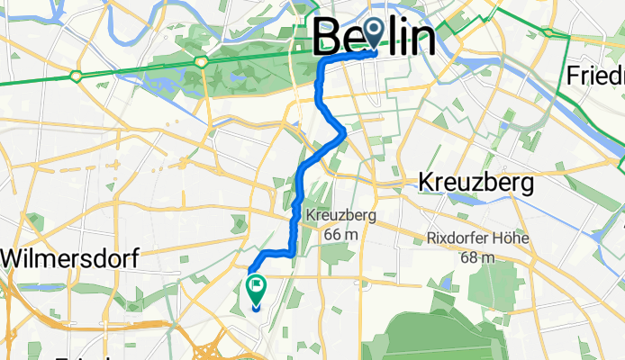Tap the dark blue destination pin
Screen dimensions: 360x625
point(371,35)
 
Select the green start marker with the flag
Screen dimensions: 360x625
point(256,288)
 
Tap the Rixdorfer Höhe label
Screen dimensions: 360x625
point(477,239)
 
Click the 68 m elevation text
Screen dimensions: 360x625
point(478,257)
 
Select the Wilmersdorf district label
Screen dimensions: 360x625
point(69,259)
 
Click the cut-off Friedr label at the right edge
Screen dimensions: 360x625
point(595,76)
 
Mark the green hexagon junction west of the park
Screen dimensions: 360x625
point(77,75)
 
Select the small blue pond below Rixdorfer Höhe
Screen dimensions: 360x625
point(444,286)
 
